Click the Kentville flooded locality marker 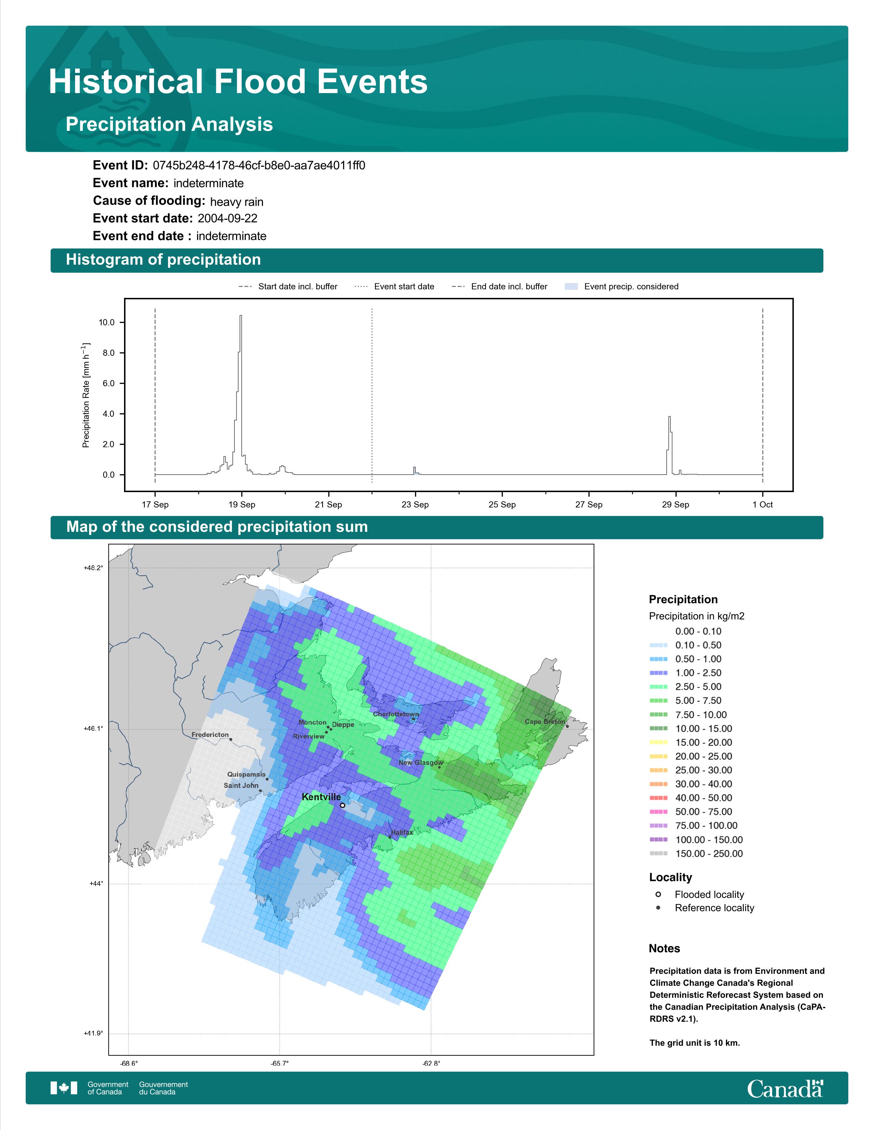point(342,805)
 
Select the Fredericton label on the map point(210,735)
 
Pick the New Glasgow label point(421,763)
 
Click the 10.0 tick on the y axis point(107,322)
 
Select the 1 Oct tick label point(762,504)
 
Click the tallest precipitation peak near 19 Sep point(240,316)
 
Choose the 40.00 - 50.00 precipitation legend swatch point(658,798)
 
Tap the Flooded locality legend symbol point(658,894)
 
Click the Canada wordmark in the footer point(785,1089)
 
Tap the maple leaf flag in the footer point(64,1088)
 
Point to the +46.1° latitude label point(93,728)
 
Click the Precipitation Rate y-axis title point(86,395)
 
